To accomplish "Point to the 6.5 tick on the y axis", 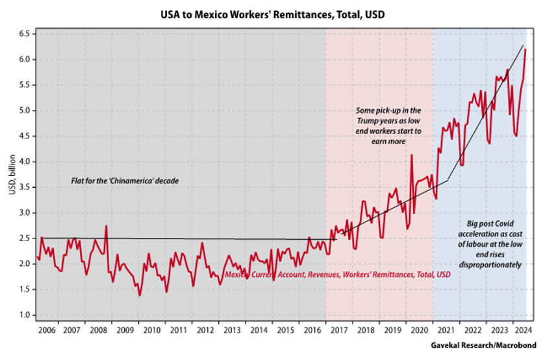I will click(23, 34).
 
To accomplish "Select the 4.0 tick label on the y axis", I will click(23, 162).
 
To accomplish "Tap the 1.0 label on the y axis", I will click(23, 315).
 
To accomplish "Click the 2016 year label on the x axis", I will click(312, 329).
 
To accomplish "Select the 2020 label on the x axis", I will click(419, 329).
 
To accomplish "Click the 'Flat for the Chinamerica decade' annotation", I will click(124, 179).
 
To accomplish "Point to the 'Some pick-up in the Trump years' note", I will click(389, 125).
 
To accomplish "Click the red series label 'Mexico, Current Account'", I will click(337, 276).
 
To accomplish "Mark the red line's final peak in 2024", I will click(525, 49).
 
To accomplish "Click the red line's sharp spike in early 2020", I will click(412, 155).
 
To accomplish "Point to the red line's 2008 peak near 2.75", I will click(106, 226).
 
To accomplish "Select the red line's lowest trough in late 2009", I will click(140, 296).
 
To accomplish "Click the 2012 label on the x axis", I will click(206, 329).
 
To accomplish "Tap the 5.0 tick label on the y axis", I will click(23, 110).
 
